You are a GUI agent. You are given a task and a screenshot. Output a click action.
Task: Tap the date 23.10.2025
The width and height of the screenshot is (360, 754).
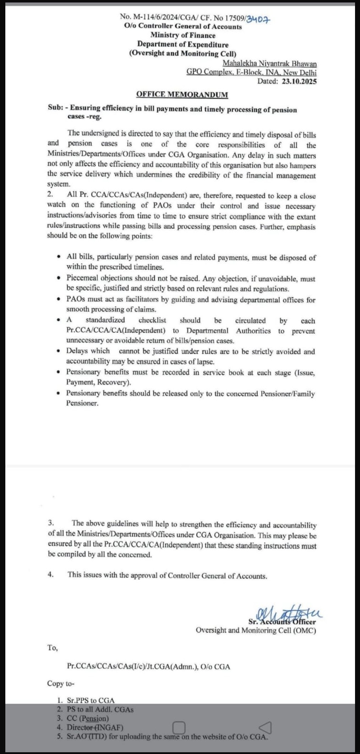tap(299, 81)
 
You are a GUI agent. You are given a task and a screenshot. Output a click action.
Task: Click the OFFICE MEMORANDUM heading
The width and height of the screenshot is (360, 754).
tap(182, 94)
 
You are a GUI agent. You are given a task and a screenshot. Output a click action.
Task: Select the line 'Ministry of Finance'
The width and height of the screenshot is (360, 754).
tap(182, 35)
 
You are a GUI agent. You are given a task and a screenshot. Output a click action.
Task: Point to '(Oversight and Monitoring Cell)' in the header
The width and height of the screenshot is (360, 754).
tap(182, 54)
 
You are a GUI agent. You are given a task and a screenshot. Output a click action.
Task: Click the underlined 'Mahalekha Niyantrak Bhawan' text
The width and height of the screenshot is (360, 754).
tap(269, 64)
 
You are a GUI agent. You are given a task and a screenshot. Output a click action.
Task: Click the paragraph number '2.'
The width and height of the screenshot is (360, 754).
tap(50, 194)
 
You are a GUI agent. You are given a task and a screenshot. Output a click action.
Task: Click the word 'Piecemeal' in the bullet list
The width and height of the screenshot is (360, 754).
tap(82, 278)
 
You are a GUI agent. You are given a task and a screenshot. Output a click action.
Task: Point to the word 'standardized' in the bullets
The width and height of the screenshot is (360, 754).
tap(105, 320)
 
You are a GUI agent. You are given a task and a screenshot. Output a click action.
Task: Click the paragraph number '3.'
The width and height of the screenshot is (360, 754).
tap(51, 523)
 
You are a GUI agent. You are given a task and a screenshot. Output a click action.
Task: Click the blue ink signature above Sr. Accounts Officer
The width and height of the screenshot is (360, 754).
tap(284, 614)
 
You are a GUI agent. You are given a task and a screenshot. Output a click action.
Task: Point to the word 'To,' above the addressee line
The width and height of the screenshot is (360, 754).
tap(53, 648)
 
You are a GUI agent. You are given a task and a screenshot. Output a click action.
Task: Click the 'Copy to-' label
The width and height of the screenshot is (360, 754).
tap(61, 684)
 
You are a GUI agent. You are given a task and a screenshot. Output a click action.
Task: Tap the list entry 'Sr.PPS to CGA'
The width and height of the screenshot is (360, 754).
tap(91, 700)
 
